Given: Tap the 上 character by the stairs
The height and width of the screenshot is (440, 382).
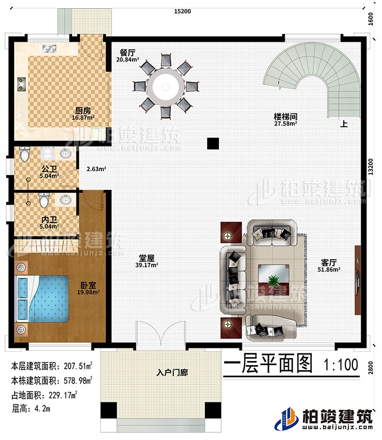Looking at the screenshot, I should (344, 123).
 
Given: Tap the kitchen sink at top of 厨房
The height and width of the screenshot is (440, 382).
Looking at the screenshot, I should (51, 49).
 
